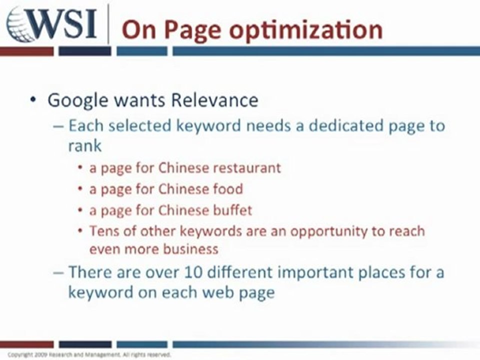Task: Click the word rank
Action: pyautogui.click(x=84, y=145)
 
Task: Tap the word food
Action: pyautogui.click(x=228, y=189)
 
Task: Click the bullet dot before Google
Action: pyautogui.click(x=33, y=100)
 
